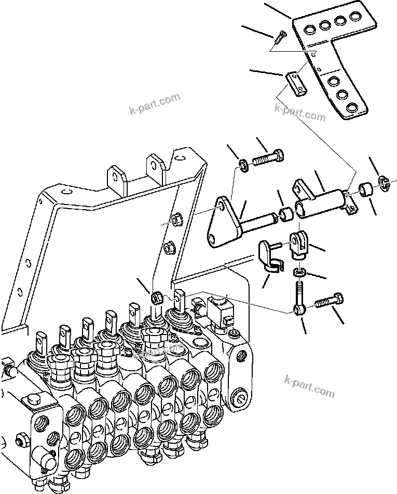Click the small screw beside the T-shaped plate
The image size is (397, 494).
(281, 35)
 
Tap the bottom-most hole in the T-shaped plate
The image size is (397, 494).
(352, 107)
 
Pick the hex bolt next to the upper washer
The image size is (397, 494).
(269, 157)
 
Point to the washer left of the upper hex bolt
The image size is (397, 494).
(244, 165)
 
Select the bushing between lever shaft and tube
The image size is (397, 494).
(286, 214)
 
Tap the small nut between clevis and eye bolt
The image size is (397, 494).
(299, 272)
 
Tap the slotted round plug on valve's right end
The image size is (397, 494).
(239, 399)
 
